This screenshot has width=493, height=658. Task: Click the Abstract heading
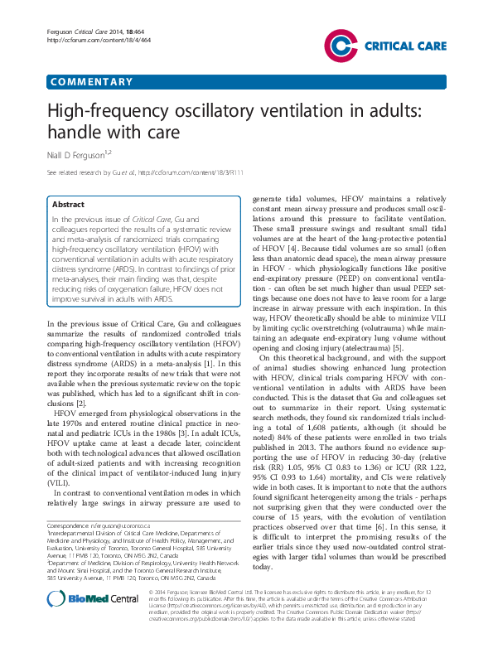[x=67, y=204]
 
